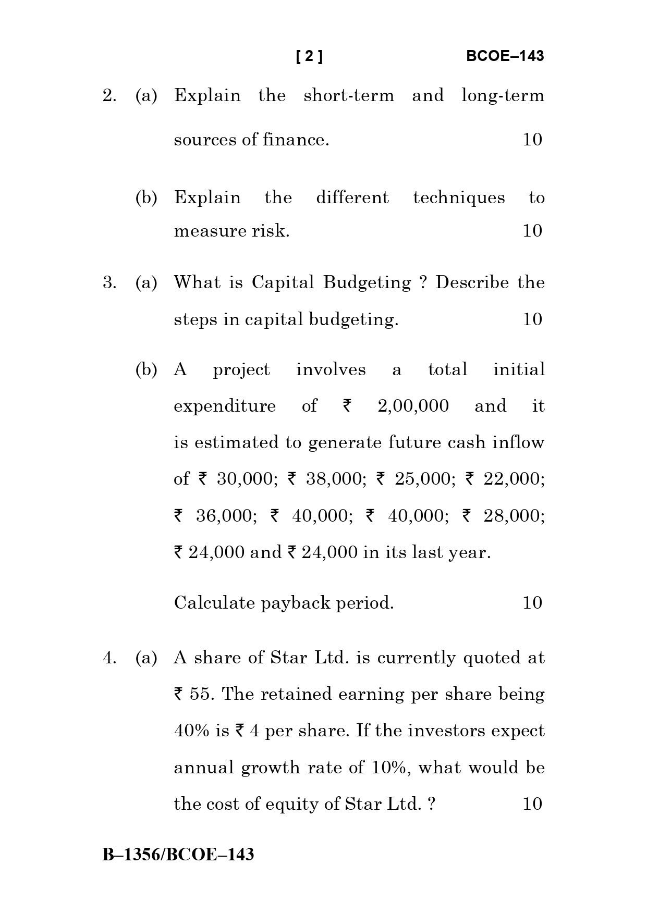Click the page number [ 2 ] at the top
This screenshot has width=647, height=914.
[x=309, y=56]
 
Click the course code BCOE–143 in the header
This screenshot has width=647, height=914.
[x=505, y=56]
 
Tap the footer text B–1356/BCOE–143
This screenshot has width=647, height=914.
[x=178, y=855]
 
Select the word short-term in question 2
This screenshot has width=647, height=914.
[x=349, y=96]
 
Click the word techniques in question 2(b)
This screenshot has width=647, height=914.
[x=459, y=198]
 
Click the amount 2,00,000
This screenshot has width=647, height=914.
[x=413, y=406]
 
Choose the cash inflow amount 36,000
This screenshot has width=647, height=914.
[x=226, y=516]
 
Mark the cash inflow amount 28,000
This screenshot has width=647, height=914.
[x=514, y=516]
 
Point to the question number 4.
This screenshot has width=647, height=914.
[x=109, y=658]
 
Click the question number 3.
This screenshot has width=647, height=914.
[x=109, y=282]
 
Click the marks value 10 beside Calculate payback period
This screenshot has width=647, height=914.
[x=532, y=603]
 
